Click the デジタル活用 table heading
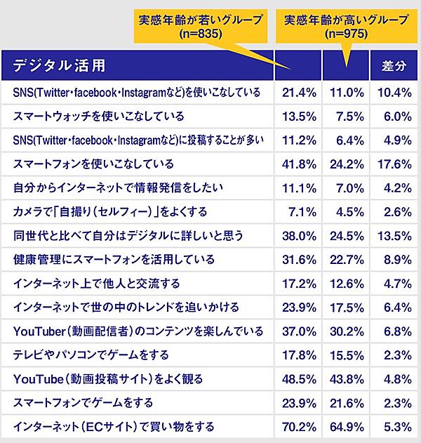click(x=60, y=66)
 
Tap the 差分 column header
click(x=394, y=67)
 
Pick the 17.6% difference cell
click(x=394, y=164)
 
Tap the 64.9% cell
click(x=346, y=426)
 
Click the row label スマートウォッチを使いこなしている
click(x=98, y=117)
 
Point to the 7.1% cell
click(x=300, y=211)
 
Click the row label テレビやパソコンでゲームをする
click(x=91, y=355)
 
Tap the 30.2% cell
click(x=346, y=331)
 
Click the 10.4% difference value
click(x=394, y=92)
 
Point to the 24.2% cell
click(x=346, y=164)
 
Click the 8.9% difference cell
click(x=396, y=260)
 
